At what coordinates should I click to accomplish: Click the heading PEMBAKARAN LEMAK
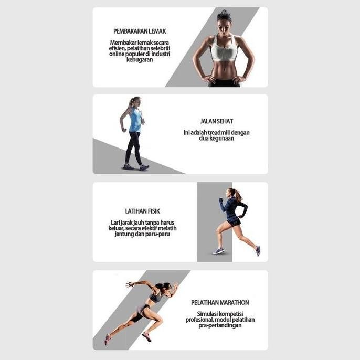point(140,31)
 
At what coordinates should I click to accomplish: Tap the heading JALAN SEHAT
point(216,121)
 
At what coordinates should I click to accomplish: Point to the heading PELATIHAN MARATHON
point(220,303)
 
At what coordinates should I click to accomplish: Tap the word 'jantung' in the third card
point(126,234)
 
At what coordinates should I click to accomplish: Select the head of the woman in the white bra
point(224,19)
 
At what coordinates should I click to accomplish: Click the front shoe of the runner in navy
point(219,251)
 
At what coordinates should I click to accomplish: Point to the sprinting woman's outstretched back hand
point(129,284)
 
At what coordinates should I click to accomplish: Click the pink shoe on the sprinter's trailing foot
point(107,339)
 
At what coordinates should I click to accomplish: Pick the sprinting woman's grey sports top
point(155,297)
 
